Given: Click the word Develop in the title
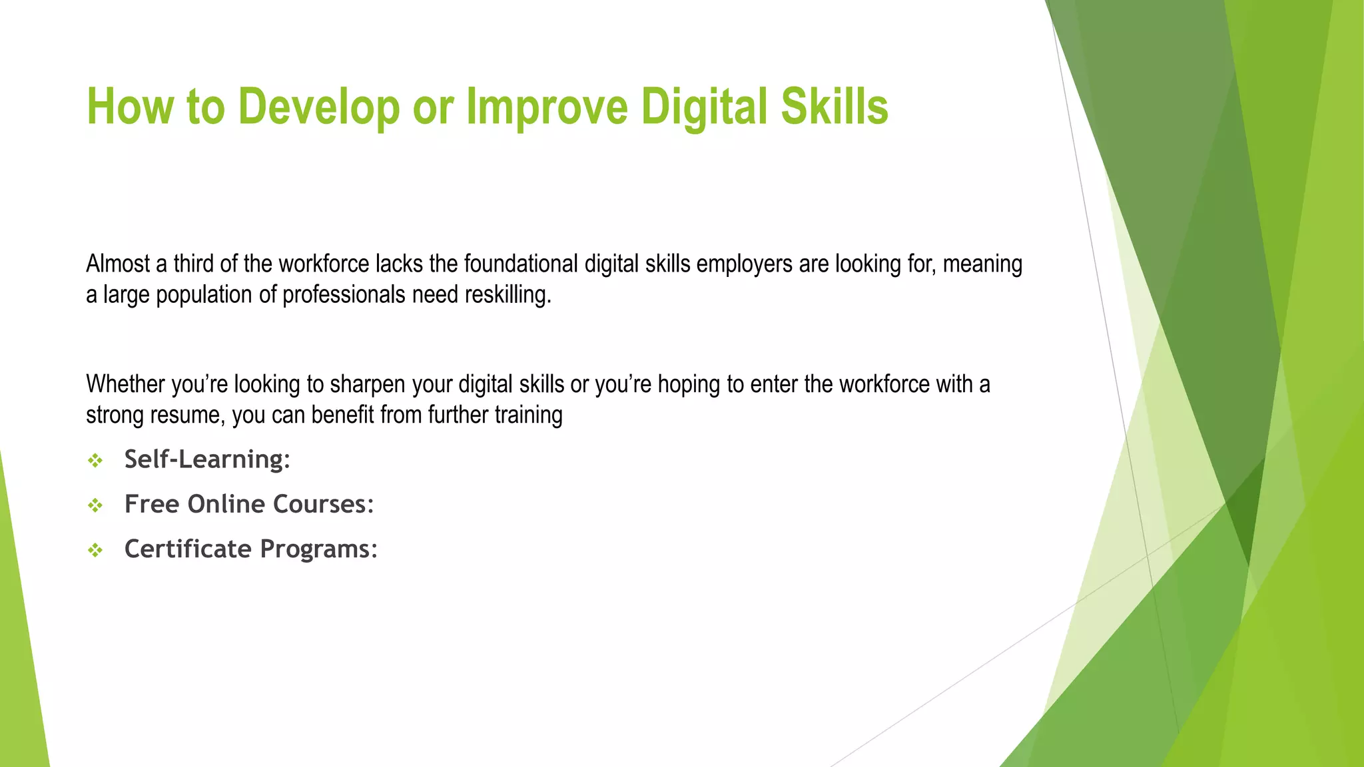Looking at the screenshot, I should coord(318,107).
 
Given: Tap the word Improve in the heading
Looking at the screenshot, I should coord(546,107).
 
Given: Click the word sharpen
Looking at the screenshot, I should coord(368,384).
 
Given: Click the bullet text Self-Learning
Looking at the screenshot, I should coord(206,459).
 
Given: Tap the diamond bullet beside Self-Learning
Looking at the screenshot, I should coord(96,461).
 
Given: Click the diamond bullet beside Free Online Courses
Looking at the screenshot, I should coord(96,505).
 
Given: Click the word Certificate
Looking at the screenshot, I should coord(188,549).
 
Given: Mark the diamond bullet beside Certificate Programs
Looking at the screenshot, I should coord(96,551).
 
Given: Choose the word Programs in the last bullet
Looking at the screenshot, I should coord(318,549).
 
